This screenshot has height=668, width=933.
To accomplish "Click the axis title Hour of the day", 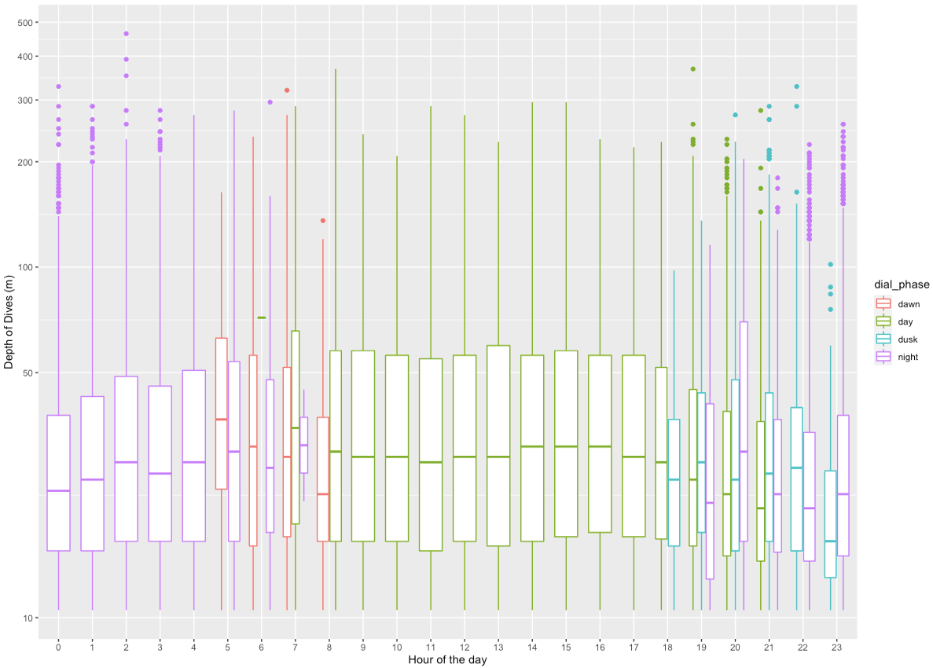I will (x=447, y=659).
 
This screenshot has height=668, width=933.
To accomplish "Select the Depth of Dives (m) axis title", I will (x=9, y=322).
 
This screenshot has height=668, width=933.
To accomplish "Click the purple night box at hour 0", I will (x=58, y=483).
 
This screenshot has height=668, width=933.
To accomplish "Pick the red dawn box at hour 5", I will (x=222, y=413).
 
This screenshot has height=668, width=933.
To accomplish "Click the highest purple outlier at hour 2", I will (x=126, y=34).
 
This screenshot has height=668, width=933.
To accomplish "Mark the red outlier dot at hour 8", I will (x=322, y=221).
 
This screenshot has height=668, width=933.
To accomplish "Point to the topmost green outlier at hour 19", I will (x=692, y=69).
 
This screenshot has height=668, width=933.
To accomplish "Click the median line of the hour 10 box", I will (x=397, y=457).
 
